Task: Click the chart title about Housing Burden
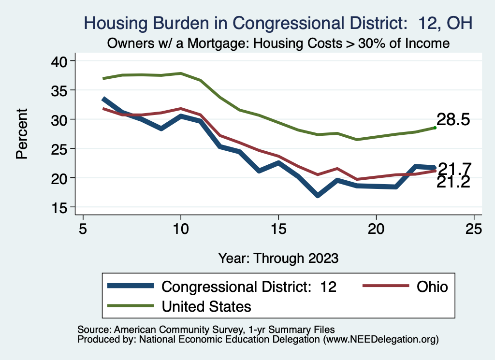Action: click(278, 23)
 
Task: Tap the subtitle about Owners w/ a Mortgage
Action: click(278, 43)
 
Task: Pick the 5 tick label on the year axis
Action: click(83, 228)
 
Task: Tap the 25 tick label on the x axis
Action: click(474, 228)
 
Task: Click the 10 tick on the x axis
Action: click(181, 228)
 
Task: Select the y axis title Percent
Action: click(21, 134)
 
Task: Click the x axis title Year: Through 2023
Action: click(278, 257)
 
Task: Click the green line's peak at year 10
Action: click(181, 73)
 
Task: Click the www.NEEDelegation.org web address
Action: click(380, 339)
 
